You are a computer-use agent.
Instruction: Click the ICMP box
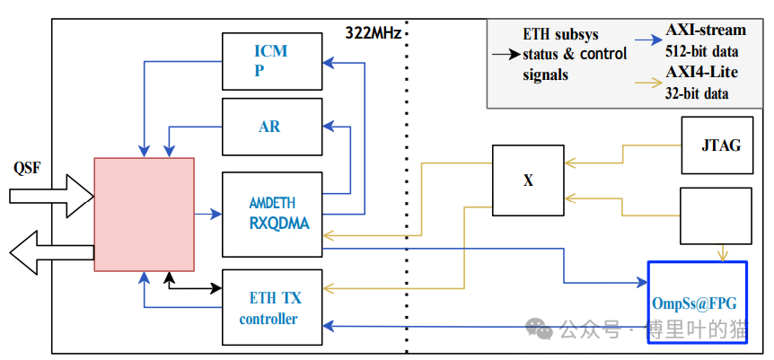click(271, 61)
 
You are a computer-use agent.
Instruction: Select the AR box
click(271, 127)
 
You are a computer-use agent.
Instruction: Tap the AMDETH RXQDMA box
click(271, 214)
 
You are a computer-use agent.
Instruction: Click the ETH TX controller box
click(271, 307)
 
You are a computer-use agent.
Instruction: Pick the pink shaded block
click(145, 214)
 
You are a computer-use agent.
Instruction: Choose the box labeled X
click(527, 180)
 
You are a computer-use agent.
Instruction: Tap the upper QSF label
click(27, 168)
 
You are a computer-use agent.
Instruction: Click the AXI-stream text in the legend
click(706, 31)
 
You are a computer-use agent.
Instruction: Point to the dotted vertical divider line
click(408, 198)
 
